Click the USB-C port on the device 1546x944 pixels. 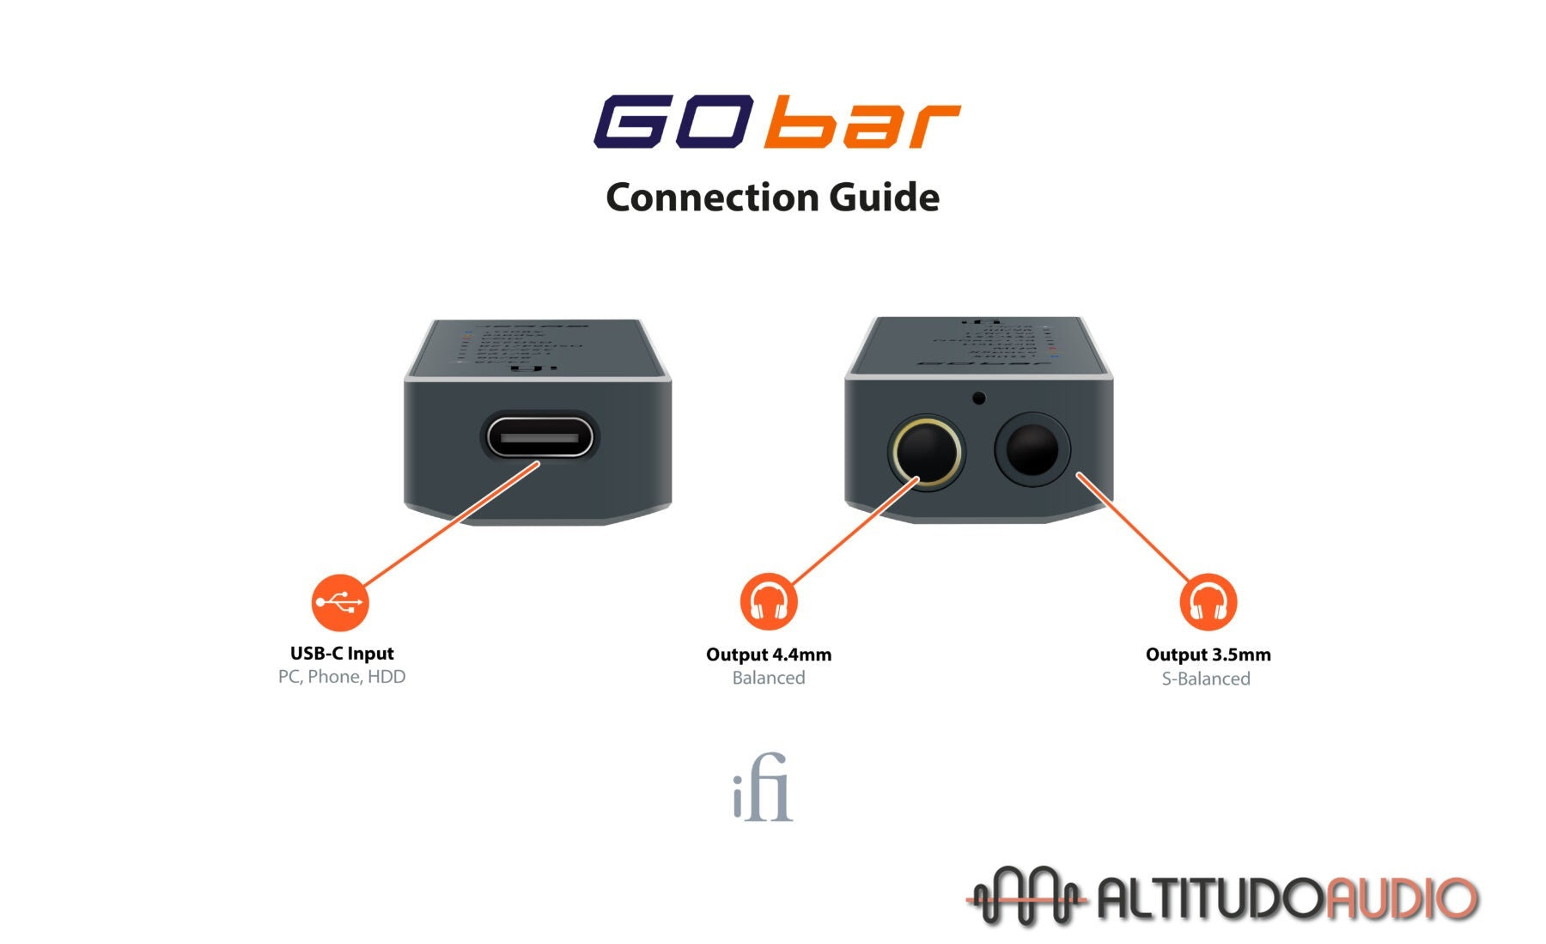click(539, 438)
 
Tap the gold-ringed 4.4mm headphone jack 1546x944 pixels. click(925, 453)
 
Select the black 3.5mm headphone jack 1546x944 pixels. click(1032, 450)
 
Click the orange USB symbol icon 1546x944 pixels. click(340, 602)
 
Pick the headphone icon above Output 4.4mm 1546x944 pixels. click(769, 602)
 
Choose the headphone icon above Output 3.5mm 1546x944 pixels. click(1208, 602)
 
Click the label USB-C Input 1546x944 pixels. click(342, 654)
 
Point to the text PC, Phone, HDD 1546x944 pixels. click(342, 677)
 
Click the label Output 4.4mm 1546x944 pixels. click(769, 655)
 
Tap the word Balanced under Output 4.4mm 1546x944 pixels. click(769, 678)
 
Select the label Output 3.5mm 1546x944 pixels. click(1208, 655)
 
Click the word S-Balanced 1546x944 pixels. click(1206, 679)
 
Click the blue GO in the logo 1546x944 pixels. click(674, 122)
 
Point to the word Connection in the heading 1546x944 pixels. click(700, 198)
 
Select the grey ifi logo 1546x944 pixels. click(763, 788)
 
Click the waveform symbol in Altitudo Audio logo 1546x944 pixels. click(1026, 897)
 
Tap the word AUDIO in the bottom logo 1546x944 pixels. click(1400, 898)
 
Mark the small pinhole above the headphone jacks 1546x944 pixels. click(978, 398)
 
